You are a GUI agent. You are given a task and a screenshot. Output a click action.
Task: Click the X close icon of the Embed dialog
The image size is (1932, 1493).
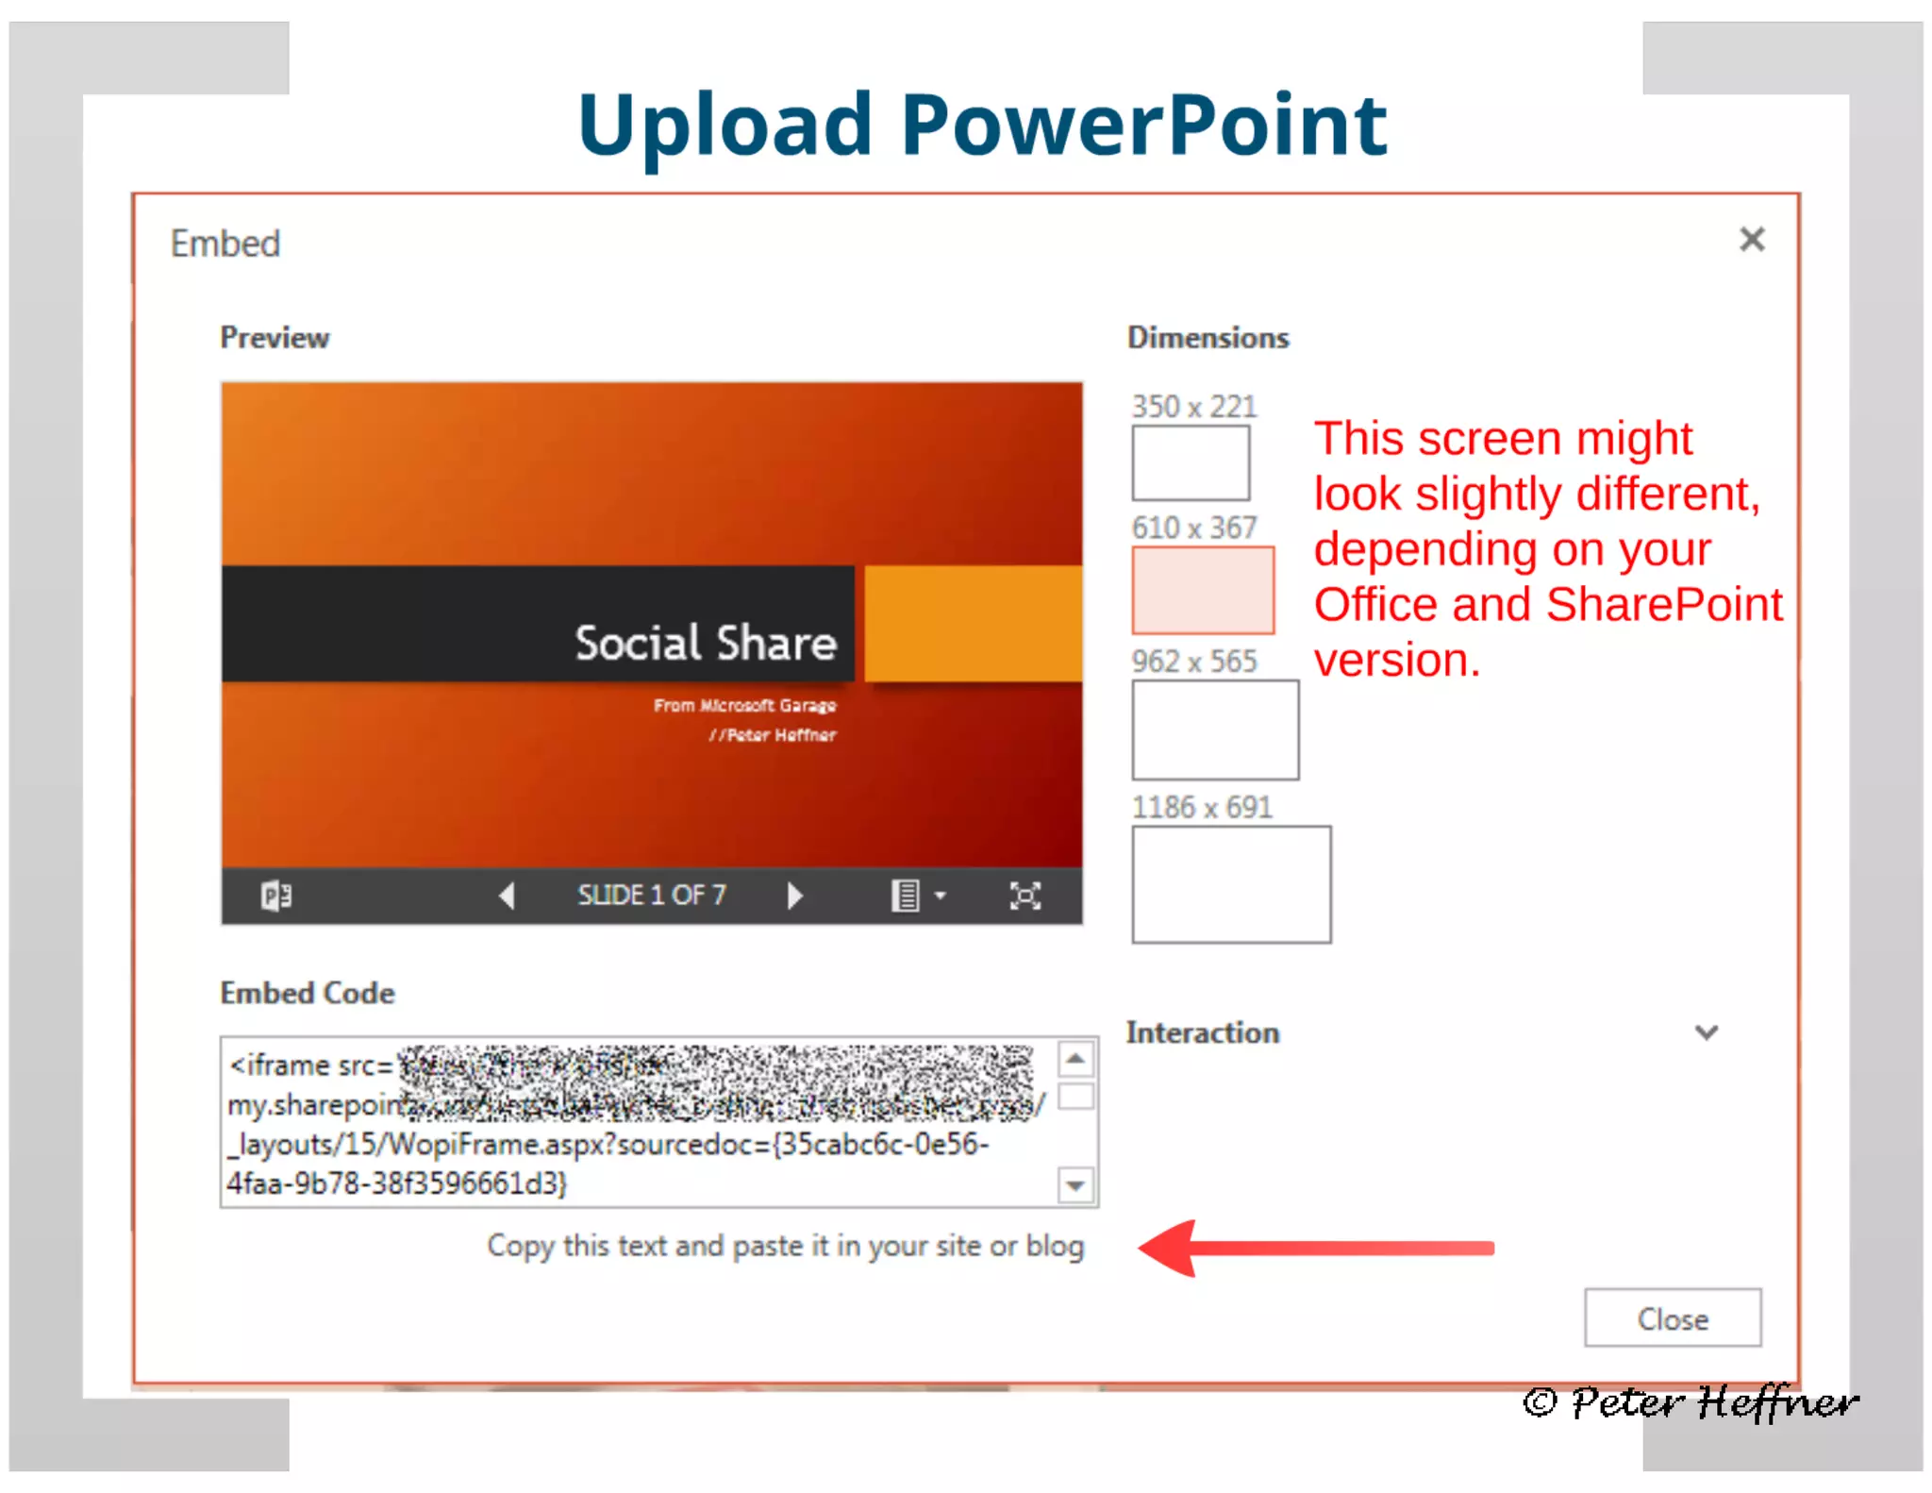point(1751,240)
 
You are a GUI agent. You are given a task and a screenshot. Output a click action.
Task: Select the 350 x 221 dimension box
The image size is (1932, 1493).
point(1191,462)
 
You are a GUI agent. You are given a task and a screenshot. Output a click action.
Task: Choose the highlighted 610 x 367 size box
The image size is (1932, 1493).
point(1203,590)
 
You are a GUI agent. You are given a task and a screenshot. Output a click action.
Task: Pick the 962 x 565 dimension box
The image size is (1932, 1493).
point(1215,730)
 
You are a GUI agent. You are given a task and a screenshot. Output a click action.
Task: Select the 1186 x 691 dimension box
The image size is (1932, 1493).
point(1231,884)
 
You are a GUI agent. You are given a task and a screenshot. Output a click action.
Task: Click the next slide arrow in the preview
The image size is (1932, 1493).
point(794,895)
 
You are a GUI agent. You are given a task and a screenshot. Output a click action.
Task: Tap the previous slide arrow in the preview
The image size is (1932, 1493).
point(507,895)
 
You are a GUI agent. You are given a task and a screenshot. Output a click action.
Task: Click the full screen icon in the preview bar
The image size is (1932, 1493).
point(1024,895)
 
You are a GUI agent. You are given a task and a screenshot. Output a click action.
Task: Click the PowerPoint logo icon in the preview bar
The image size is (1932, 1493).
point(276,895)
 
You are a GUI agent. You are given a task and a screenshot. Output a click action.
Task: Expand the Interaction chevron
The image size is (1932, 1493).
point(1706,1032)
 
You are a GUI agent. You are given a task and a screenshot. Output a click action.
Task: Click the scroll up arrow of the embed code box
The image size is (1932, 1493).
point(1075,1059)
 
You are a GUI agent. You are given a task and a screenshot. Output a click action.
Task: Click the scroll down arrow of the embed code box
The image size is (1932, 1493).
point(1075,1184)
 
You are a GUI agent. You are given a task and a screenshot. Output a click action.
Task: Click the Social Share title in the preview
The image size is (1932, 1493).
point(706,644)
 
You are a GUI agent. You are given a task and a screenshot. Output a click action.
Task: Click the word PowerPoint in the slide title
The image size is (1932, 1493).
point(1143,124)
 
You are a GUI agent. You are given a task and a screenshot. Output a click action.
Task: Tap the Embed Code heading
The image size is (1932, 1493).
point(308,993)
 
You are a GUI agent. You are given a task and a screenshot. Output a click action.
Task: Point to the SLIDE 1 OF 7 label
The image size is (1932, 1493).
point(651,895)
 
